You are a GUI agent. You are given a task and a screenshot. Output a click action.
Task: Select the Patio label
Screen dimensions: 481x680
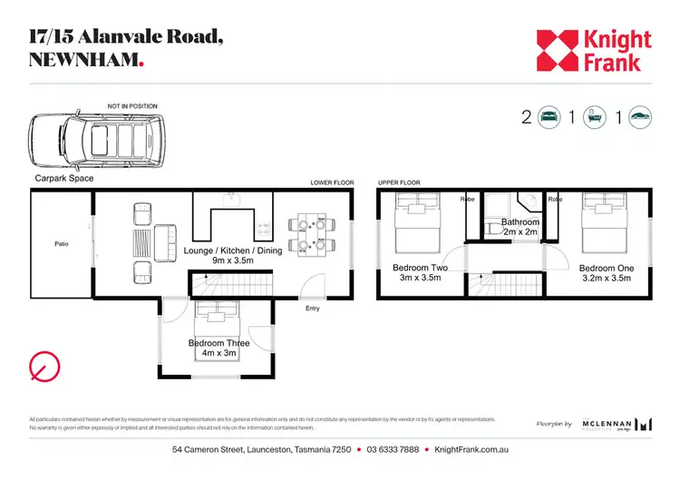click(x=62, y=243)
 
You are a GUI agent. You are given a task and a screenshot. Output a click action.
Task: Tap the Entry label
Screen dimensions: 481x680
click(x=312, y=309)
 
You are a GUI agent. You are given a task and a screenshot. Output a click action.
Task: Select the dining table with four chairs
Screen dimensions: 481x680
click(x=310, y=233)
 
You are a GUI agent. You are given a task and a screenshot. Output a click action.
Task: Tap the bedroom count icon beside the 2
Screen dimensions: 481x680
click(x=549, y=116)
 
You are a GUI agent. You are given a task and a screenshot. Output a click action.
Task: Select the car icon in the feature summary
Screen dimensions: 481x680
click(x=639, y=116)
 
